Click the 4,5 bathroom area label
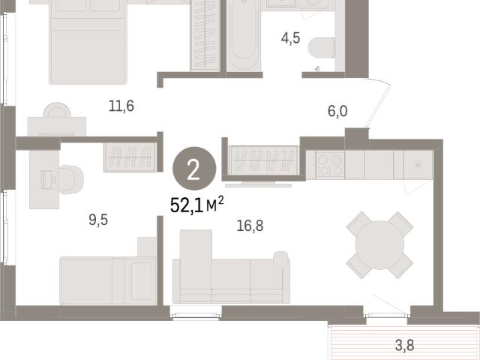(290, 38)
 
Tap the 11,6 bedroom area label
(121, 106)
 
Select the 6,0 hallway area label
(337, 111)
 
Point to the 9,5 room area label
(98, 220)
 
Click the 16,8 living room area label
(250, 226)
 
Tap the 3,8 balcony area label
(404, 345)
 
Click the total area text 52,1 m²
(196, 205)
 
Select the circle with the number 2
(194, 168)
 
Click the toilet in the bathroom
(322, 48)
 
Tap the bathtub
(244, 34)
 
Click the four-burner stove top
(330, 165)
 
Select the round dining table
(379, 245)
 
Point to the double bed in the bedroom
(88, 41)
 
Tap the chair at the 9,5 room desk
(70, 180)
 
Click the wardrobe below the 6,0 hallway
(263, 160)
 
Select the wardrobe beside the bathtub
(205, 35)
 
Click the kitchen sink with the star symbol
(418, 165)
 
